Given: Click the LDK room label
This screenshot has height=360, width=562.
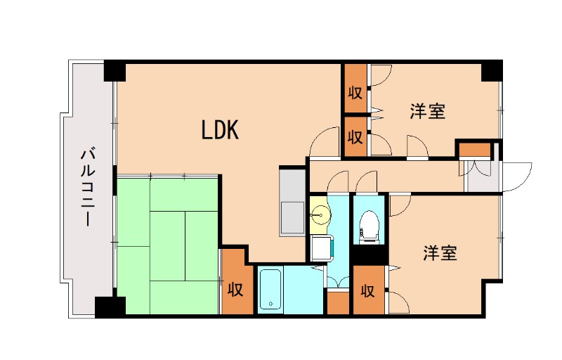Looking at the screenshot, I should [x=221, y=129].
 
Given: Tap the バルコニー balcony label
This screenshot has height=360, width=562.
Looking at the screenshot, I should [x=89, y=186].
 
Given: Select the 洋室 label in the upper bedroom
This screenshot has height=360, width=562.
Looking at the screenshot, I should [x=428, y=111].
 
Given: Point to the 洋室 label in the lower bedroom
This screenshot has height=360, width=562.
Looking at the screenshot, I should [x=440, y=253].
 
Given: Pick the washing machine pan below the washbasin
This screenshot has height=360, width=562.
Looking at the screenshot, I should [x=321, y=247].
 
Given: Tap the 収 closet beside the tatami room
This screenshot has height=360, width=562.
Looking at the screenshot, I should [x=235, y=288].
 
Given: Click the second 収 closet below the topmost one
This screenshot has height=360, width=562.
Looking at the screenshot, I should [x=355, y=136].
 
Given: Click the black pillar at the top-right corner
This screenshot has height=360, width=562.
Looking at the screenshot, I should [x=492, y=70].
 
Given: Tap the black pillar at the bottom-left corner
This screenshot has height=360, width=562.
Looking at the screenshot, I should [x=110, y=307].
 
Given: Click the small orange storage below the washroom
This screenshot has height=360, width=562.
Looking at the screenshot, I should [x=338, y=303].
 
